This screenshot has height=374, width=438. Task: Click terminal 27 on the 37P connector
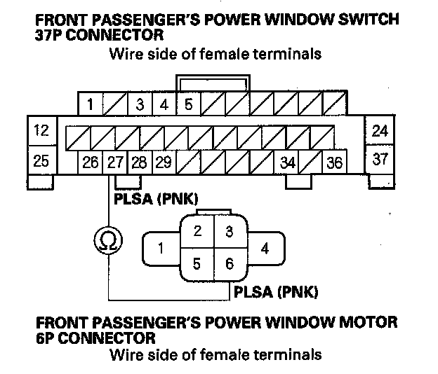click(114, 163)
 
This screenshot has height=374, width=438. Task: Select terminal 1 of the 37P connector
click(91, 105)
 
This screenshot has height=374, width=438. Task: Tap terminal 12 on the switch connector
click(41, 130)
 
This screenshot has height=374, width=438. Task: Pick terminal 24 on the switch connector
click(380, 130)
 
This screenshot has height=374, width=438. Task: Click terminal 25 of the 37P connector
click(41, 161)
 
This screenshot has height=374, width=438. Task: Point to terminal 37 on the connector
click(380, 159)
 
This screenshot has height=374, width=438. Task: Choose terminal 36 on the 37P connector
click(335, 163)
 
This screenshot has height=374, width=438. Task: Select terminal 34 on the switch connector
click(287, 163)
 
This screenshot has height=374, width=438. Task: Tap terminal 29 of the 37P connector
click(163, 163)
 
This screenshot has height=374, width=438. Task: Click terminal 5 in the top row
click(188, 105)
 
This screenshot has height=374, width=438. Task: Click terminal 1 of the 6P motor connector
click(161, 248)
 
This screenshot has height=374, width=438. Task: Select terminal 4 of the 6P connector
click(264, 248)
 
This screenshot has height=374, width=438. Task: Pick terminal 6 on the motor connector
click(228, 264)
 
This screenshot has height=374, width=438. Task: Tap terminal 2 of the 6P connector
click(198, 232)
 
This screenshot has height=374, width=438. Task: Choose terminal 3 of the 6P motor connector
click(228, 232)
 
